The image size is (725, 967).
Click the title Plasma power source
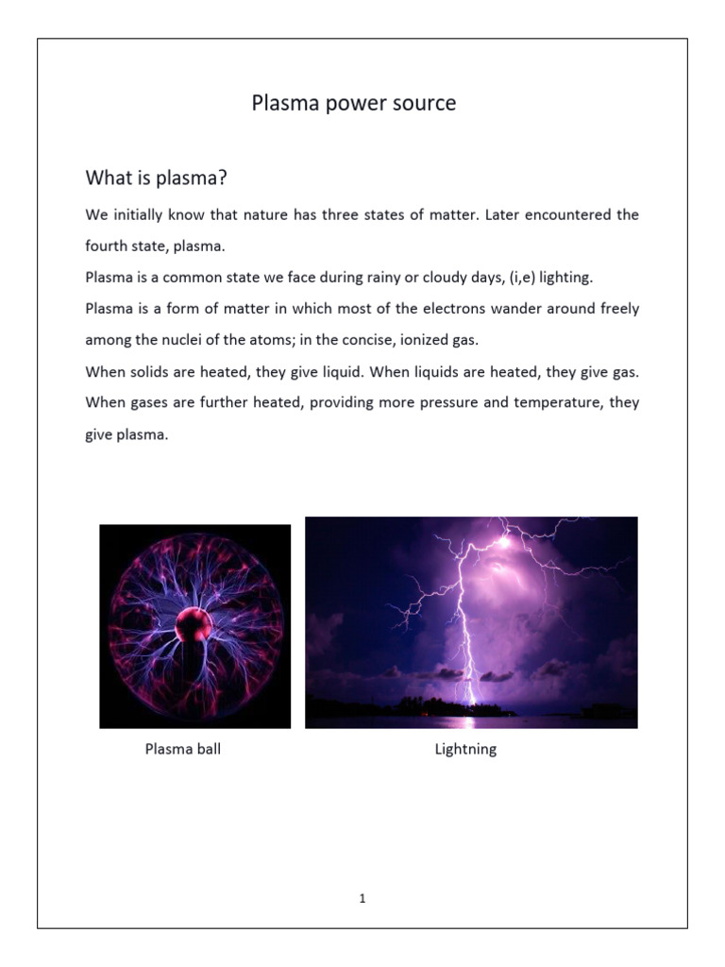click(353, 103)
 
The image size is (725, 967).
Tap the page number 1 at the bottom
click(362, 898)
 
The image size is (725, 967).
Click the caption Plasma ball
click(183, 750)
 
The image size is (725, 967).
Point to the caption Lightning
click(465, 750)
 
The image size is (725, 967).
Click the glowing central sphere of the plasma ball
click(194, 624)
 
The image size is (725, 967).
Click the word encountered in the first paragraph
click(550, 214)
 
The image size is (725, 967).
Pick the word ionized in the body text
click(435, 340)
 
